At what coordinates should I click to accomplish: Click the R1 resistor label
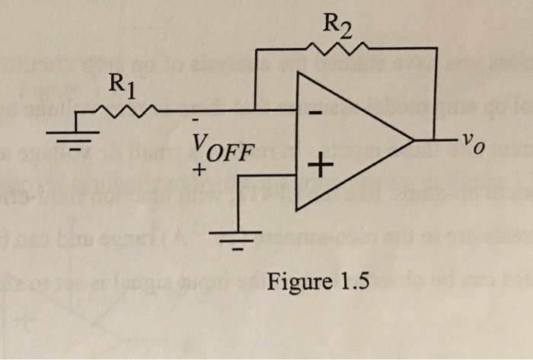(x=122, y=83)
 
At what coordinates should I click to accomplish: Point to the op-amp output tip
(x=414, y=142)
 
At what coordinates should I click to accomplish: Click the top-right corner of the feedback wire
(x=436, y=48)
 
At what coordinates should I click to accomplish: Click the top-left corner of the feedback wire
(x=256, y=49)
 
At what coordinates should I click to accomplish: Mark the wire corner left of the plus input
(x=238, y=177)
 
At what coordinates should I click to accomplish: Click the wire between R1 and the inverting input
(x=221, y=113)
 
